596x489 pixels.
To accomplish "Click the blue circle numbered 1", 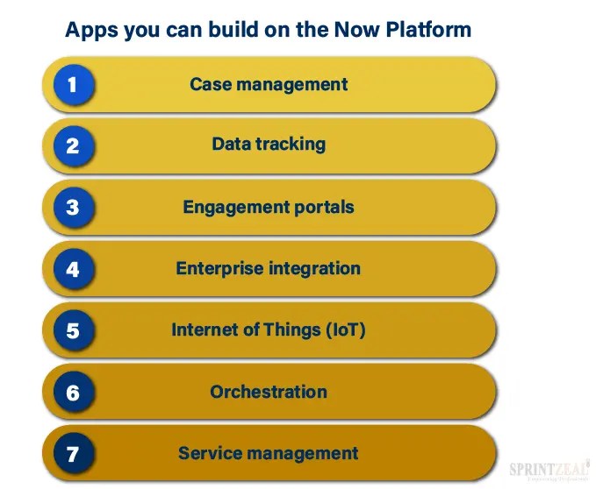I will pyautogui.click(x=72, y=85).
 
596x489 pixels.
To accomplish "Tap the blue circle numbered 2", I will pyautogui.click(x=72, y=146).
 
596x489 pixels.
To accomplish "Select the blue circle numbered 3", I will pyautogui.click(x=72, y=208).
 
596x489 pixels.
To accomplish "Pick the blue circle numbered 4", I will pyautogui.click(x=72, y=269).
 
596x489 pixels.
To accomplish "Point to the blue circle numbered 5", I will pyautogui.click(x=72, y=330).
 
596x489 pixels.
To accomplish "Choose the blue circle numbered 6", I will pyautogui.click(x=72, y=392).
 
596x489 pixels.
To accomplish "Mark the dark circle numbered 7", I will pyautogui.click(x=72, y=454).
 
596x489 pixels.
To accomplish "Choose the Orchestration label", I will pyautogui.click(x=269, y=392).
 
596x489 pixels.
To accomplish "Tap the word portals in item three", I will pyautogui.click(x=325, y=208).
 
